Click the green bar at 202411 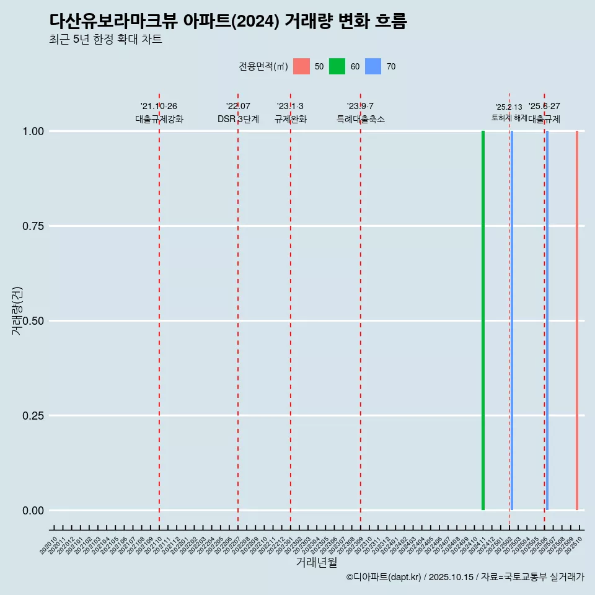(x=483, y=320)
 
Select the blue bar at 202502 (x=511, y=320)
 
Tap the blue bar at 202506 (x=547, y=320)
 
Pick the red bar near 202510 (x=576, y=320)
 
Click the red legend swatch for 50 (x=301, y=66)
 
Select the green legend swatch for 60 (x=337, y=66)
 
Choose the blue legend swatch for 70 (x=373, y=66)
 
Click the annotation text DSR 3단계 (x=238, y=119)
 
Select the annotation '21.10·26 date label (x=159, y=107)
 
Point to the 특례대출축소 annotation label (x=361, y=119)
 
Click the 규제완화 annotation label (x=290, y=119)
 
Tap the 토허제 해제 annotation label (x=509, y=117)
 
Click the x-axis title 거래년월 (x=316, y=563)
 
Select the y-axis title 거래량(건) (x=17, y=311)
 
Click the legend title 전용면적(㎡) (x=263, y=66)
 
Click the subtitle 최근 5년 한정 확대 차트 (x=105, y=40)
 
